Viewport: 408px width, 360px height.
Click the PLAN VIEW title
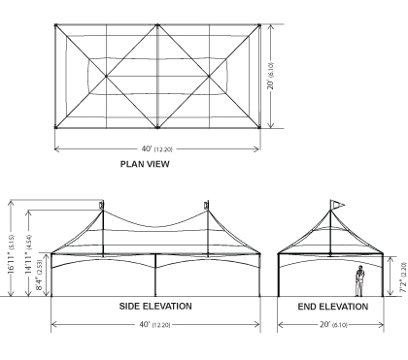[x=145, y=164]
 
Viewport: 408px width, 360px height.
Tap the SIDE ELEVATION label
[x=155, y=306]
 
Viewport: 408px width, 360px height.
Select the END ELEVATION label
[x=333, y=307]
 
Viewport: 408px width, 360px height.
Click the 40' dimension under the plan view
[x=156, y=149]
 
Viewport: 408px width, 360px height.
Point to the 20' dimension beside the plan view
[x=271, y=76]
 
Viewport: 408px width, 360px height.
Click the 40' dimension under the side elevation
[x=154, y=324]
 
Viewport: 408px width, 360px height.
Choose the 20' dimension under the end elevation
[x=333, y=324]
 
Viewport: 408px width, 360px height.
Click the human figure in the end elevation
[x=359, y=280]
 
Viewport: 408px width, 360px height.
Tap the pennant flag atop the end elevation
[x=338, y=205]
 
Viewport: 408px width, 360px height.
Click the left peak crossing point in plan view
[x=106, y=77]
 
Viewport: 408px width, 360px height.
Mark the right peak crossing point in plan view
[x=209, y=77]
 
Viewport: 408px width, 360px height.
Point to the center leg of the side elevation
[x=155, y=275]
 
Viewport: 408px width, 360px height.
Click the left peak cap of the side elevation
[x=102, y=205]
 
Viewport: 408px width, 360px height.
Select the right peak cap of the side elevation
[x=206, y=205]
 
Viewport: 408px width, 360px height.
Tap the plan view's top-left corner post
[x=55, y=25]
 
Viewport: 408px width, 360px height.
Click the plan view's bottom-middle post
[x=157, y=127]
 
